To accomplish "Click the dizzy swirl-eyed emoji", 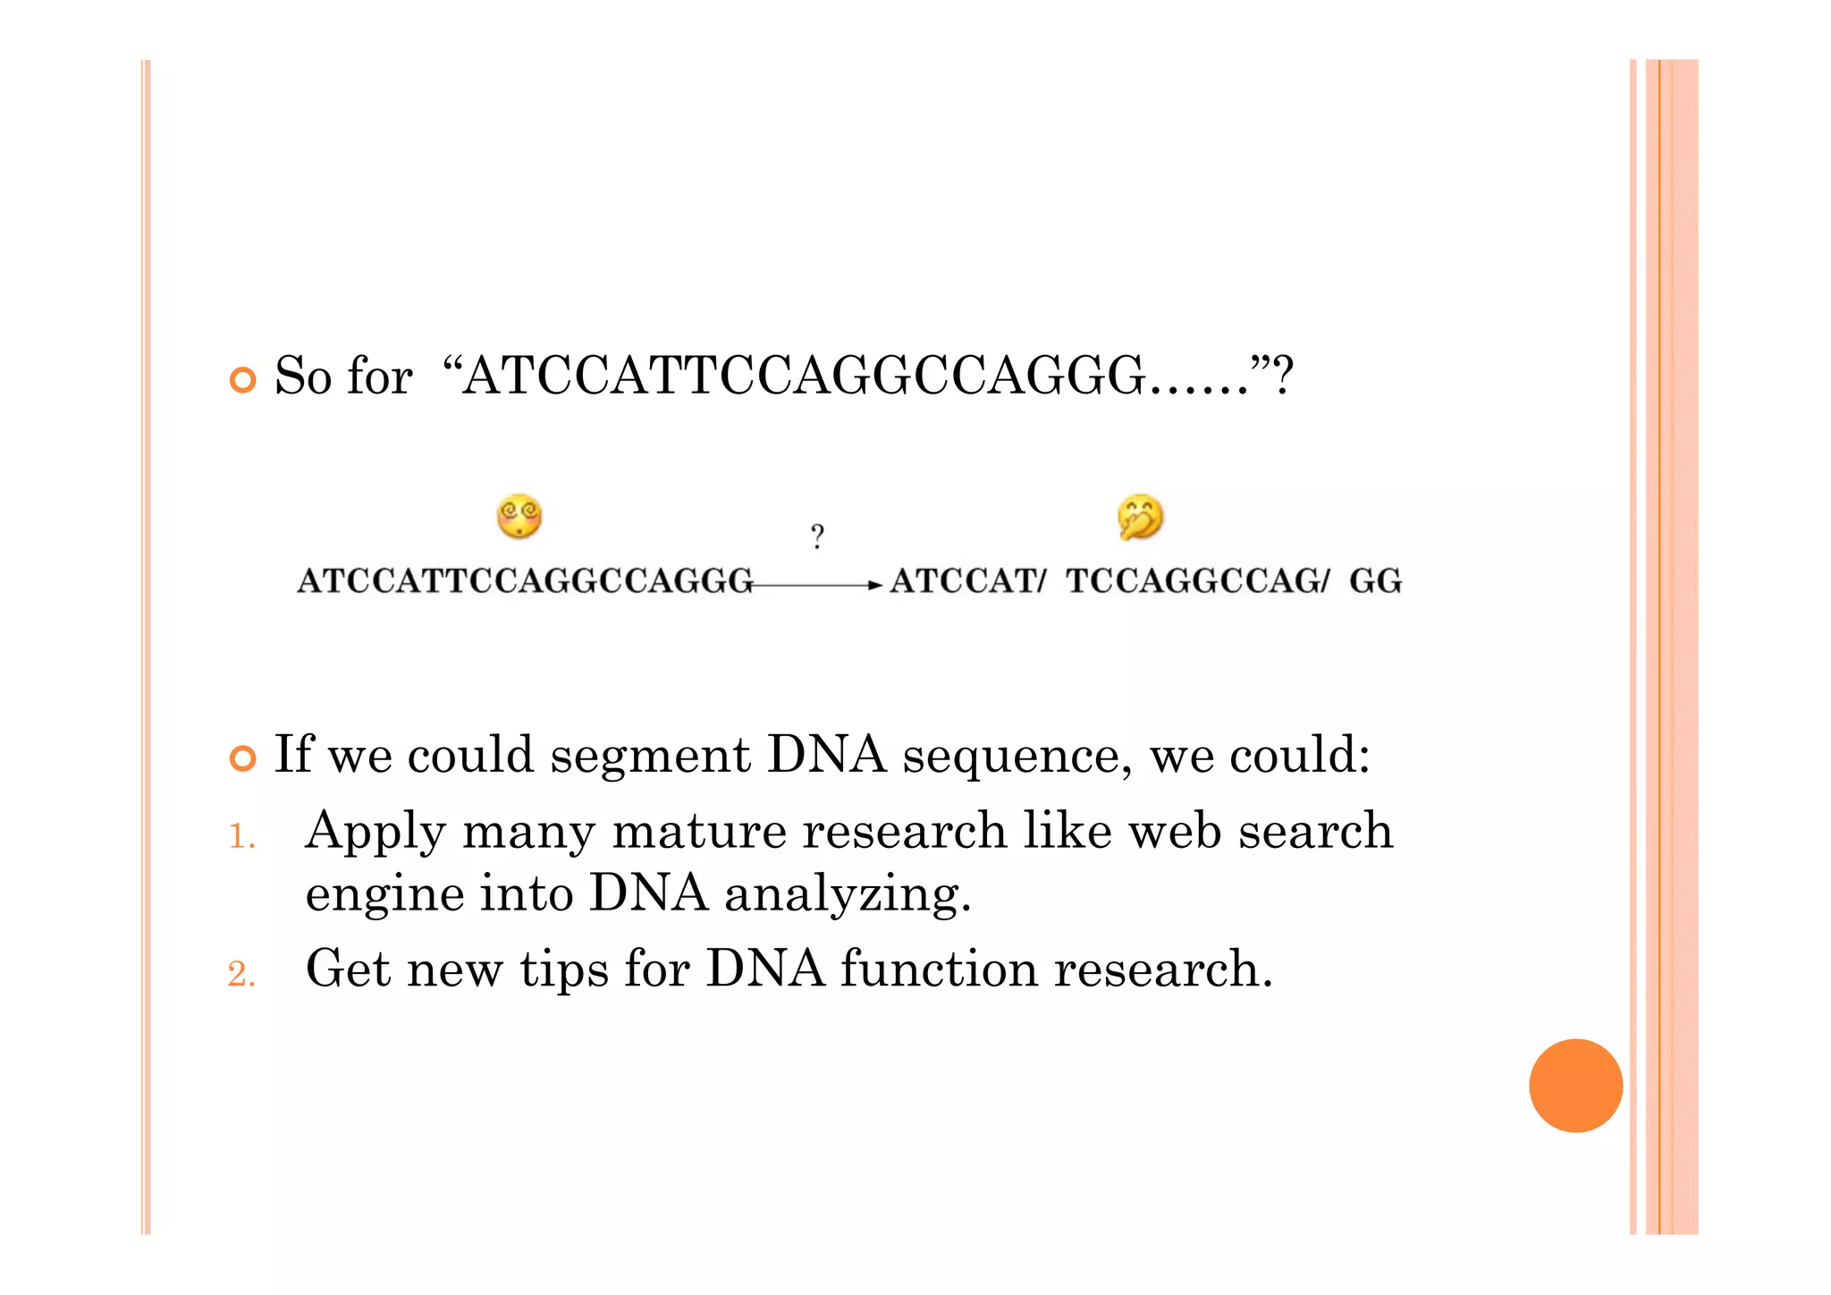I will (x=519, y=516).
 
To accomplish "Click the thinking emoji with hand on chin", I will (x=1140, y=517).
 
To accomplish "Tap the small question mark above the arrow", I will (x=817, y=537).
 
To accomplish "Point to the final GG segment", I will (x=1375, y=581).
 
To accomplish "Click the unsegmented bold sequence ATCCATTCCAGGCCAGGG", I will (x=526, y=581).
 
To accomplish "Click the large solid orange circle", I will (x=1575, y=1085).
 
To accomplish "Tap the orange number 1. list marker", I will (x=241, y=837).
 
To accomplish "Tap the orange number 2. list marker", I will (x=241, y=974).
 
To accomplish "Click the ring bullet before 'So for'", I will (x=242, y=380).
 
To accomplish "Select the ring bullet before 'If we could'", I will (x=242, y=758).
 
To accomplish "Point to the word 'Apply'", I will (x=375, y=833).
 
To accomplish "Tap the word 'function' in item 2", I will (x=939, y=969).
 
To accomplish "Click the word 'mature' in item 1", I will (x=698, y=832).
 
